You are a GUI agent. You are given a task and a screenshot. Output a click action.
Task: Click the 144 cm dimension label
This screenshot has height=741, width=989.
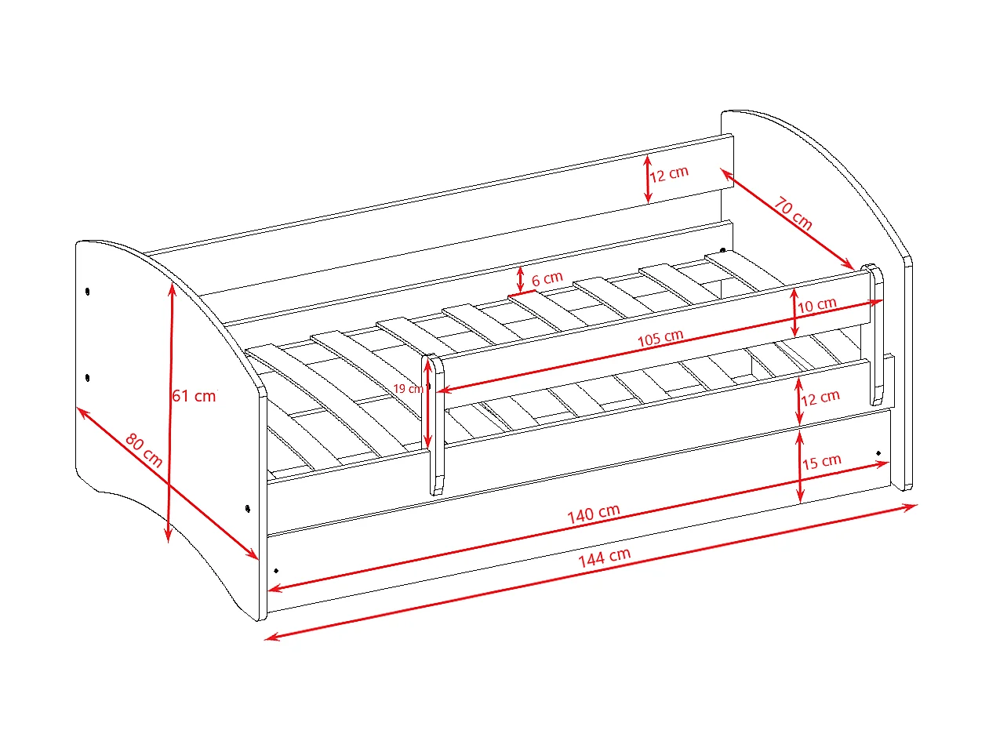coord(604,558)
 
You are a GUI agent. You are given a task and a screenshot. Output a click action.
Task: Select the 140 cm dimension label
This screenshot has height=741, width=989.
coord(594,514)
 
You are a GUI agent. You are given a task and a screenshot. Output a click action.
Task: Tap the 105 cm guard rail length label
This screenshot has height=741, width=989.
coord(660,338)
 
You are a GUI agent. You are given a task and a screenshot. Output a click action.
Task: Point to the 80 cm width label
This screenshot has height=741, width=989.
coord(144,450)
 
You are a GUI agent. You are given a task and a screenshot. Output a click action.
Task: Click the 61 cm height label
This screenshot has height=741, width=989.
coord(195,396)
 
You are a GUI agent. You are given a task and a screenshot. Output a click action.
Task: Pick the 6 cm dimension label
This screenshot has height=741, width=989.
coord(547,278)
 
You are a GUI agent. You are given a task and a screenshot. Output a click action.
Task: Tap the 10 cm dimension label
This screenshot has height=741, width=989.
coord(817,305)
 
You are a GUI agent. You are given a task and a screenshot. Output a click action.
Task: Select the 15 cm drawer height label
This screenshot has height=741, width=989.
coord(821,462)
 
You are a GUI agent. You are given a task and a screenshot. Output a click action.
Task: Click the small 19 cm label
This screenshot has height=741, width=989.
coord(408,388)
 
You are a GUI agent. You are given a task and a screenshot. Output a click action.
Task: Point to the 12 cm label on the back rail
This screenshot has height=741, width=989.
coord(669,174)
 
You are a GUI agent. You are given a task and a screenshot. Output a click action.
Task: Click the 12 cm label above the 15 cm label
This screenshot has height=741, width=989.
coord(820,398)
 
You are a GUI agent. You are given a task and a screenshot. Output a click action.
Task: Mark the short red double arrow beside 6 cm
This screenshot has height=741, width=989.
coord(521,280)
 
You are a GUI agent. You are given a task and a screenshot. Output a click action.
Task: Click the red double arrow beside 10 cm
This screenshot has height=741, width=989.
coord(794,313)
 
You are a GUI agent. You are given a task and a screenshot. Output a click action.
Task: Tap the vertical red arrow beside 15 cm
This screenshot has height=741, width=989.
coord(800,467)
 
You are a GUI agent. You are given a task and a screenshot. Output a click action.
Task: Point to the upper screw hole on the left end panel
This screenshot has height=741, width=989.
coord(87,292)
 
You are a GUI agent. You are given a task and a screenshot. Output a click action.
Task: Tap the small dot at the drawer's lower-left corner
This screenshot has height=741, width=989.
coord(276,571)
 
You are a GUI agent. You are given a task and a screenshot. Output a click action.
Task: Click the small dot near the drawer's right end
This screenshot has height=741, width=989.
coord(878,452)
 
